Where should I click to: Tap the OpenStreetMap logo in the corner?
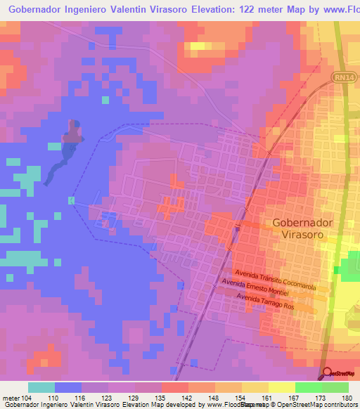(x=340, y=373)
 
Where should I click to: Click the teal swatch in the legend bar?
(x=41, y=387)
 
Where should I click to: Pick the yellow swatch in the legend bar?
(x=281, y=387)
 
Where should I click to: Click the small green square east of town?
(x=342, y=270)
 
